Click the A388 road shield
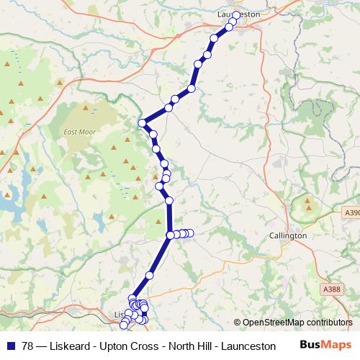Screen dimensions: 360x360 [x=331, y=289]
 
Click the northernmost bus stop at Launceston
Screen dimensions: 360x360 [x=235, y=14]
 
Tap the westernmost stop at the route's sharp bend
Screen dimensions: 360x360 [x=143, y=122]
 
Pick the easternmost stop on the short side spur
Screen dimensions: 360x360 [x=191, y=233]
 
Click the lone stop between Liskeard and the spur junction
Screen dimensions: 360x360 [x=150, y=275]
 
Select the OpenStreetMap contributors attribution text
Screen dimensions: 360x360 [x=297, y=323]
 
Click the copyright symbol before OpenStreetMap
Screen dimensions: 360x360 [x=238, y=323]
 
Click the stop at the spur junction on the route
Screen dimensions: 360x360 [x=171, y=235]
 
